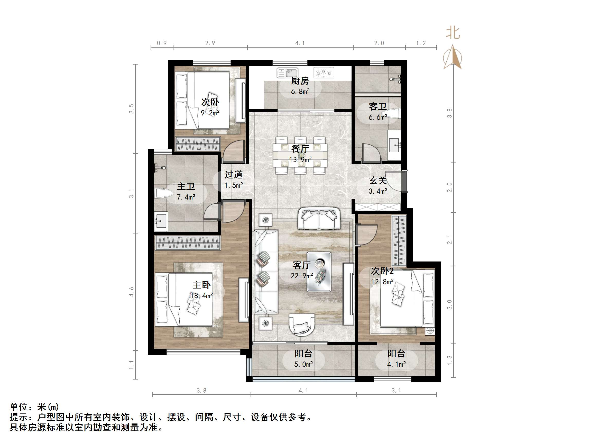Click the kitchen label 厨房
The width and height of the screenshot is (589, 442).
coord(300,80)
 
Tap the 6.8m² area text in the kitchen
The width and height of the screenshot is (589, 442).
coord(300,92)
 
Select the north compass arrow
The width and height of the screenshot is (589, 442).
coord(452,57)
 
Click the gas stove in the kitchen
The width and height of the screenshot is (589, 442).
coord(324,73)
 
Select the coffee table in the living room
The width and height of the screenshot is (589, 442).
coord(319,272)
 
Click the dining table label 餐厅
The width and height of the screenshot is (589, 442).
coord(300,149)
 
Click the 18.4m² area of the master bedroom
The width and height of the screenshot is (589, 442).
coord(201,295)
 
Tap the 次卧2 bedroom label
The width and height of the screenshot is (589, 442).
coord(382,271)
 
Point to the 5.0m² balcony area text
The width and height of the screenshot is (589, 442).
coord(303,364)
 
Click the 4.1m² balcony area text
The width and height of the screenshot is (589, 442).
coord(396,364)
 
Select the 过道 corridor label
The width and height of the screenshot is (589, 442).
coord(234,175)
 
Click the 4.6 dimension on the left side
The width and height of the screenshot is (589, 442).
coord(131,292)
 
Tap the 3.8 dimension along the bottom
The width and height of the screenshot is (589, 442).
coord(201,391)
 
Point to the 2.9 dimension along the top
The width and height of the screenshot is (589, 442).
coord(210,43)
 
